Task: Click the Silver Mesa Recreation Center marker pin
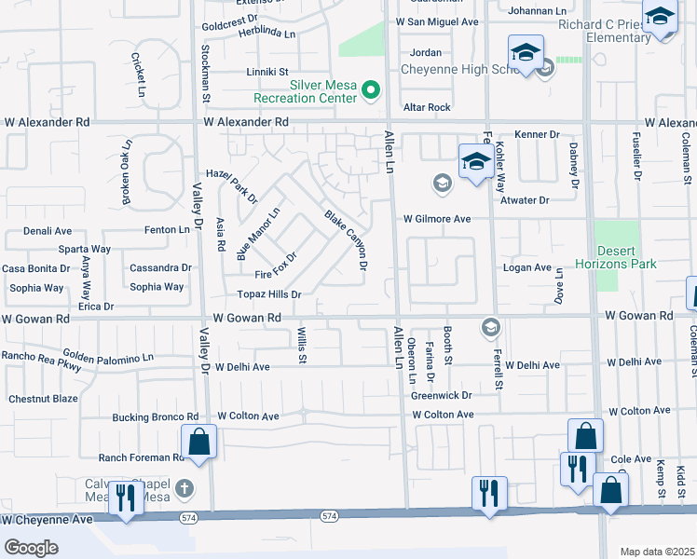tap(371, 89)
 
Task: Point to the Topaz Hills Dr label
tap(270, 294)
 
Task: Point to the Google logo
tap(31, 548)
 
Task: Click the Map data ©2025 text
tap(657, 552)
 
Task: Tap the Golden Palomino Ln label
tap(108, 357)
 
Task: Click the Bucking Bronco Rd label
tap(156, 416)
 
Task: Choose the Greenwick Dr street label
tap(443, 395)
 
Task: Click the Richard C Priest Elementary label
tap(606, 31)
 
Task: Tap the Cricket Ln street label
tap(137, 75)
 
